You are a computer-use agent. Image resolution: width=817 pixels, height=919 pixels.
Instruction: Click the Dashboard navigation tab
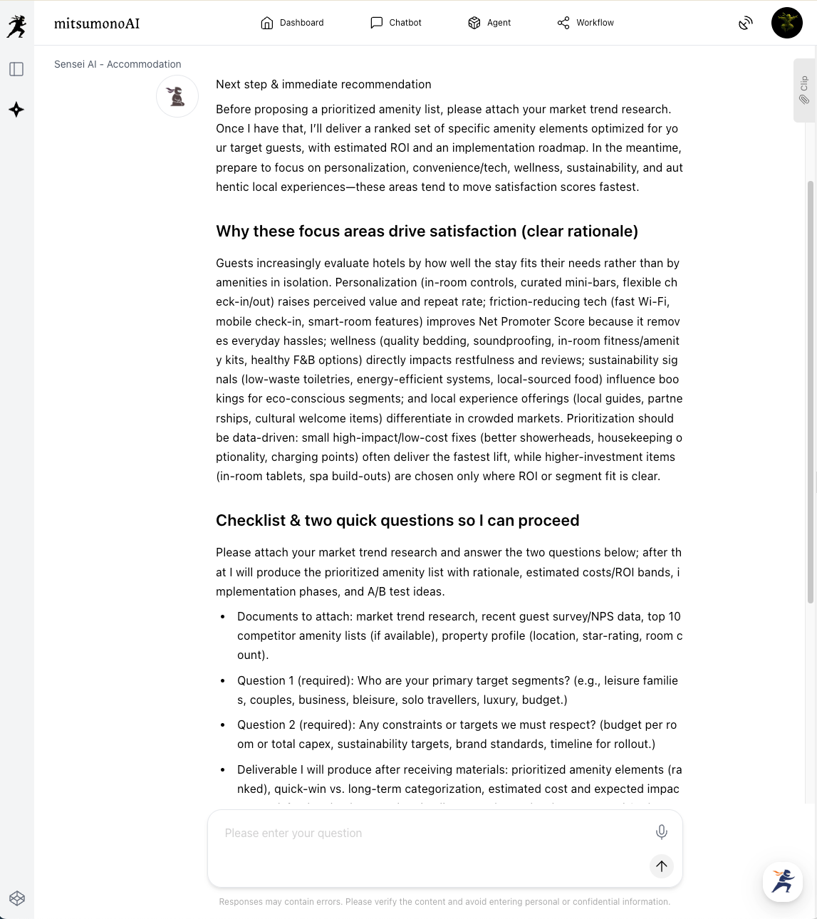point(292,23)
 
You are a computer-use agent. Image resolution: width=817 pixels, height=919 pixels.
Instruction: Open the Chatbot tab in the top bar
point(396,23)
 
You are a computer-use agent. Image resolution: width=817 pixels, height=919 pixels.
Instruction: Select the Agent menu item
point(489,23)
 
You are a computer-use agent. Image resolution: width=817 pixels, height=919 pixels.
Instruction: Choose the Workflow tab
point(586,23)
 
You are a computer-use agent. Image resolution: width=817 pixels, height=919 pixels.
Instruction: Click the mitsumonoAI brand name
point(97,24)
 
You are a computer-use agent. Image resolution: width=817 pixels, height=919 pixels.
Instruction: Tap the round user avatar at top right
point(786,23)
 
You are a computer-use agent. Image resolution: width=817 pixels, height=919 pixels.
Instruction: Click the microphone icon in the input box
point(661,831)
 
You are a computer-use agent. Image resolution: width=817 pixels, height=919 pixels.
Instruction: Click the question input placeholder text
point(293,833)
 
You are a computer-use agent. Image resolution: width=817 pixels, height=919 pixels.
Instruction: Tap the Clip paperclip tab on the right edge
point(804,90)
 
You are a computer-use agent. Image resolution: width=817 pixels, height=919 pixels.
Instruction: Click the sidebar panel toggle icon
point(16,69)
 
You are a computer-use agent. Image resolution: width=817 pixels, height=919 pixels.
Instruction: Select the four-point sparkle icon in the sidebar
point(16,110)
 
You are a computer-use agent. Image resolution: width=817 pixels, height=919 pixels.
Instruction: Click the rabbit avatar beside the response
point(177,96)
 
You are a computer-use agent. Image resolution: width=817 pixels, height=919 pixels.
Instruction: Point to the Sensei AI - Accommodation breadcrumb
point(118,64)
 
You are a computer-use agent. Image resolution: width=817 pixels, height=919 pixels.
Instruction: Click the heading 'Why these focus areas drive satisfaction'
point(427,232)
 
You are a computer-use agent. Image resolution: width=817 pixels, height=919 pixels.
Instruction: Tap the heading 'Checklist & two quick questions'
point(397,521)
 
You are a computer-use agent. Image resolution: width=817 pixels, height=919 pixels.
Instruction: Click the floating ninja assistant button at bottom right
point(782,881)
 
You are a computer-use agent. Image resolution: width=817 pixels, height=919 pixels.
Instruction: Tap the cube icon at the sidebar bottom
point(17,898)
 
